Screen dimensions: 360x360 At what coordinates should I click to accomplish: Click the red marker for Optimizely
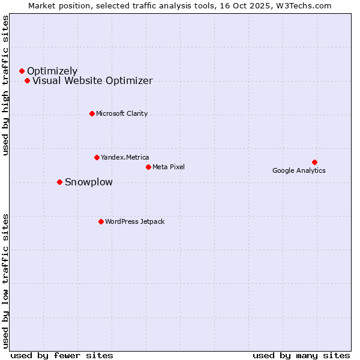(22, 71)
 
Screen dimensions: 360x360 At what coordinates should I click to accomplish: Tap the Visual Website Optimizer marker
(27, 81)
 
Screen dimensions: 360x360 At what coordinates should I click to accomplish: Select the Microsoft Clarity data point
(92, 113)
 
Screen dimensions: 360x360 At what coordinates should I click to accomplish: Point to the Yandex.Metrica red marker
(97, 157)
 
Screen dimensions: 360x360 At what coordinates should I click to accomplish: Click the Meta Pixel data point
(148, 167)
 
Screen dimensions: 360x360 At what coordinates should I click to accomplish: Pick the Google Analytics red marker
(314, 162)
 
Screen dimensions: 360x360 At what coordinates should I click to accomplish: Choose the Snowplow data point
(59, 182)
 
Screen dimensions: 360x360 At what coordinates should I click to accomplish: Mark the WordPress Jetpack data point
(101, 221)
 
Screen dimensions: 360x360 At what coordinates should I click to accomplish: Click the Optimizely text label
(52, 71)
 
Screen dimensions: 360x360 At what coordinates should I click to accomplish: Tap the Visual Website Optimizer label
(92, 81)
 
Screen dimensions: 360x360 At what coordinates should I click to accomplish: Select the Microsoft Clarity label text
(122, 113)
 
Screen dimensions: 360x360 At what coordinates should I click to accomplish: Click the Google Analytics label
(299, 170)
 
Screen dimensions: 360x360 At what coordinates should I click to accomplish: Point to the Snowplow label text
(88, 182)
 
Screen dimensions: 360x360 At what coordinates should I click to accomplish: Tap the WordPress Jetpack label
(134, 221)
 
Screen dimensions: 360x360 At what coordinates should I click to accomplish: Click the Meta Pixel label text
(169, 167)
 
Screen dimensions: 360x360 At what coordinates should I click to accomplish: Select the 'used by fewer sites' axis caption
(62, 355)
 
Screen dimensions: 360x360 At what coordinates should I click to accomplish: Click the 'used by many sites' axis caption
(301, 355)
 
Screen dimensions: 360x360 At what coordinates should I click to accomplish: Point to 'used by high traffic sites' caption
(6, 85)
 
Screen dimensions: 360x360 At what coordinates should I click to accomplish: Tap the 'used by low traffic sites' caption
(6, 280)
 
